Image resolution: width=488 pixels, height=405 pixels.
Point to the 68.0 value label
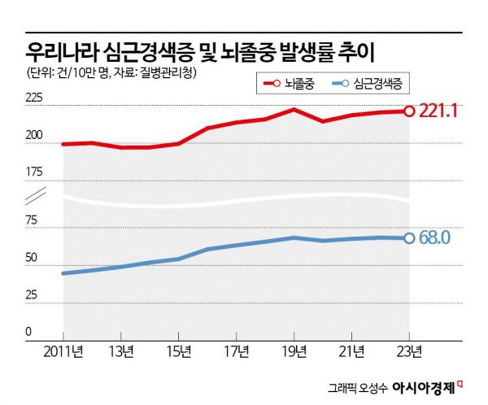point(434,238)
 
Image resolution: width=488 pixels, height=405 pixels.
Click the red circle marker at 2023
point(409,111)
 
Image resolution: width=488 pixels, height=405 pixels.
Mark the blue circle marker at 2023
point(409,238)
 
